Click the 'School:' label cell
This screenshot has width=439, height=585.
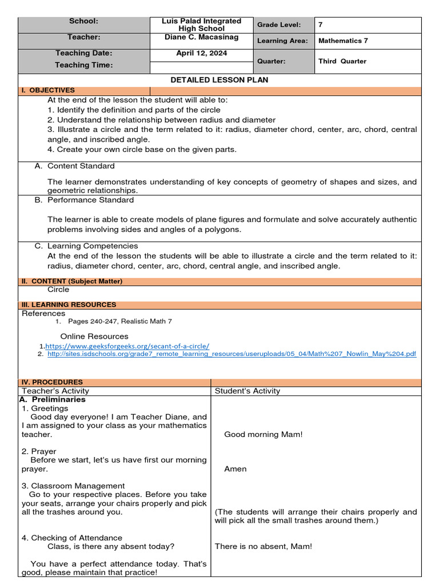[x=84, y=21]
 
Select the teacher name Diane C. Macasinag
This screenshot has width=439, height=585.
[x=201, y=37]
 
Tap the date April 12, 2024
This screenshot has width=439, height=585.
[x=201, y=53]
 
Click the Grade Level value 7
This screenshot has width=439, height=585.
[x=321, y=25]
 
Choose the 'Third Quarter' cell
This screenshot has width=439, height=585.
[x=342, y=61]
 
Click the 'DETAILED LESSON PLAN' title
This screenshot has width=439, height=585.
[x=219, y=80]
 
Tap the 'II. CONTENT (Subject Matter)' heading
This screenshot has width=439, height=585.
[x=72, y=281]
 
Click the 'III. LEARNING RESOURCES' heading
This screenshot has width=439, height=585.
[x=69, y=304]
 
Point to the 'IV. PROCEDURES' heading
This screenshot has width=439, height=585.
[x=52, y=382]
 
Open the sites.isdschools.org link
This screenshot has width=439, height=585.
[x=232, y=354]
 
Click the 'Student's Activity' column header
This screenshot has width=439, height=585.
[x=248, y=391]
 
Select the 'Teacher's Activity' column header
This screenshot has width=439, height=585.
[x=55, y=391]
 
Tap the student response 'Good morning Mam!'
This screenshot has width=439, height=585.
[x=264, y=434]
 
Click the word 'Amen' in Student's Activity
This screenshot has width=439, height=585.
[x=236, y=468]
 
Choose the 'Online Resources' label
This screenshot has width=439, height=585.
[x=94, y=336]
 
